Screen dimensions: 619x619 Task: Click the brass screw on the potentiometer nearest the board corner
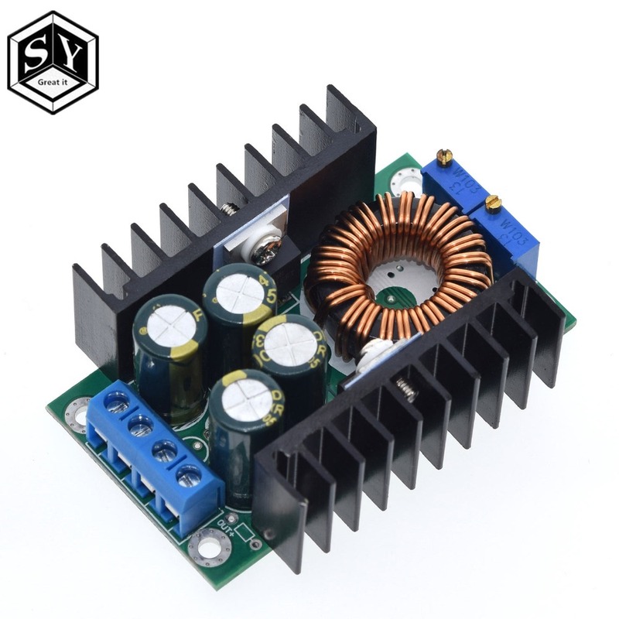[445, 158]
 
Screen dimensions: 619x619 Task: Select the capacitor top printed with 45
[236, 293]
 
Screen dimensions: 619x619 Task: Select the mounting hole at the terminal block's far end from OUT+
[76, 412]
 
